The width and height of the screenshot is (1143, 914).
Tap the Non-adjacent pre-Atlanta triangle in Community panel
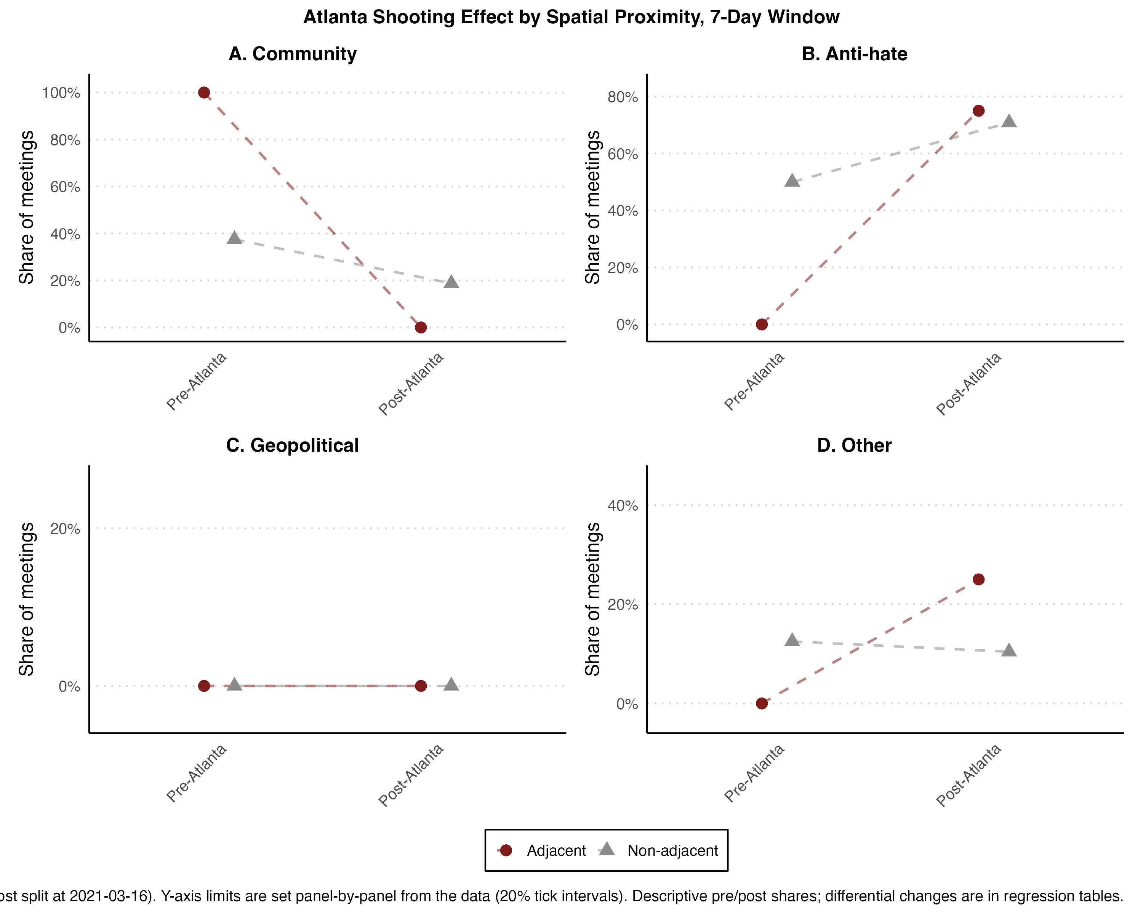(234, 238)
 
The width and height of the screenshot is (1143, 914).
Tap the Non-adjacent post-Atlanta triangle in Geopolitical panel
(451, 685)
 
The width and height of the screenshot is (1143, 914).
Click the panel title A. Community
(293, 54)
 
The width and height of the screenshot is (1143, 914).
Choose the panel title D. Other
(854, 445)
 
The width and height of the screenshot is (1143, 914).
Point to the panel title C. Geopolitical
(293, 446)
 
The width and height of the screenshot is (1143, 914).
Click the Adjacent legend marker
(506, 850)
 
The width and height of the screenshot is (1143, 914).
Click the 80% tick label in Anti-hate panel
(623, 97)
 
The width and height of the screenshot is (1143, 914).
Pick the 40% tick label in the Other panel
(623, 505)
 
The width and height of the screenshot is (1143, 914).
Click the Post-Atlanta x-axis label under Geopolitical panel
(411, 776)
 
